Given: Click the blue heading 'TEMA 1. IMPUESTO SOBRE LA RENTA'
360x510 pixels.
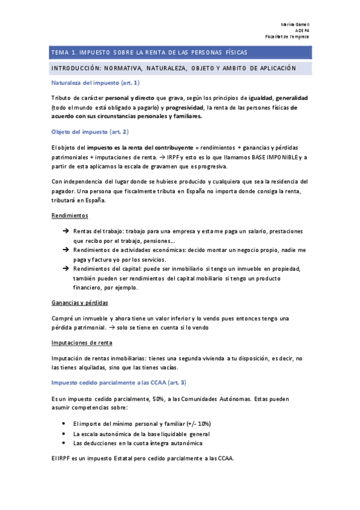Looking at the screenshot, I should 144,53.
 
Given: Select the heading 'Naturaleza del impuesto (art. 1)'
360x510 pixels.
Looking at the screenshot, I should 96,82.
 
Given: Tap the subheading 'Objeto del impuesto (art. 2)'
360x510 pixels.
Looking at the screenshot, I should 90,131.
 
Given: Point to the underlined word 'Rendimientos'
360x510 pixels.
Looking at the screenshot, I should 70,215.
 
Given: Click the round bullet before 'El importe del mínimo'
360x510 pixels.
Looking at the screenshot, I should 64,423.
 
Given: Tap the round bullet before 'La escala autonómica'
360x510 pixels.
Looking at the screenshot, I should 64,433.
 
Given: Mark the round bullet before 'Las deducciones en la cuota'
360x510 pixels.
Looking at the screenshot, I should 64,443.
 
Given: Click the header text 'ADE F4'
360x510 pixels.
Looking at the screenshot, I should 302,30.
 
